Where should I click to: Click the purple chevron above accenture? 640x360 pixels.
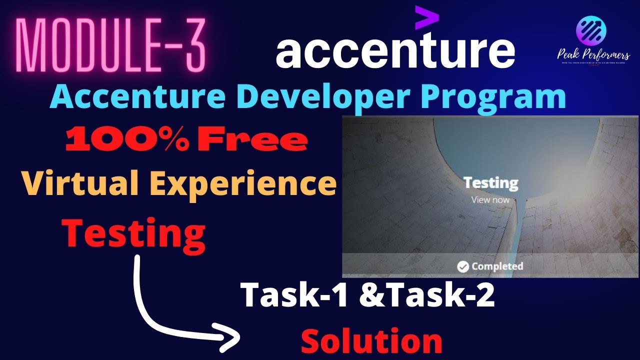(426, 18)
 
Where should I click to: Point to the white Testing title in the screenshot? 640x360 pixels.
(490, 183)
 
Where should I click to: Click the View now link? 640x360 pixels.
(490, 200)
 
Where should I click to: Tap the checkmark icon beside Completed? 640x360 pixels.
(463, 266)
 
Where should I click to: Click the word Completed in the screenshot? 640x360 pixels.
(497, 266)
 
